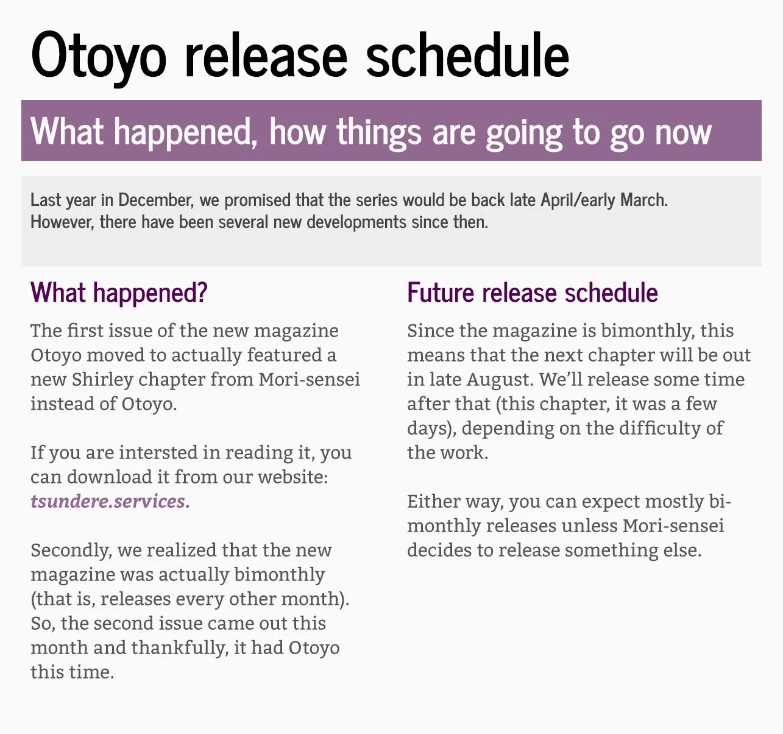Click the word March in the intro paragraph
(644, 200)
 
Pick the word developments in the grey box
(356, 222)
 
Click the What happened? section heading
(119, 293)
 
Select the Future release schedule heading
(533, 293)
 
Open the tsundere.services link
(110, 501)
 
